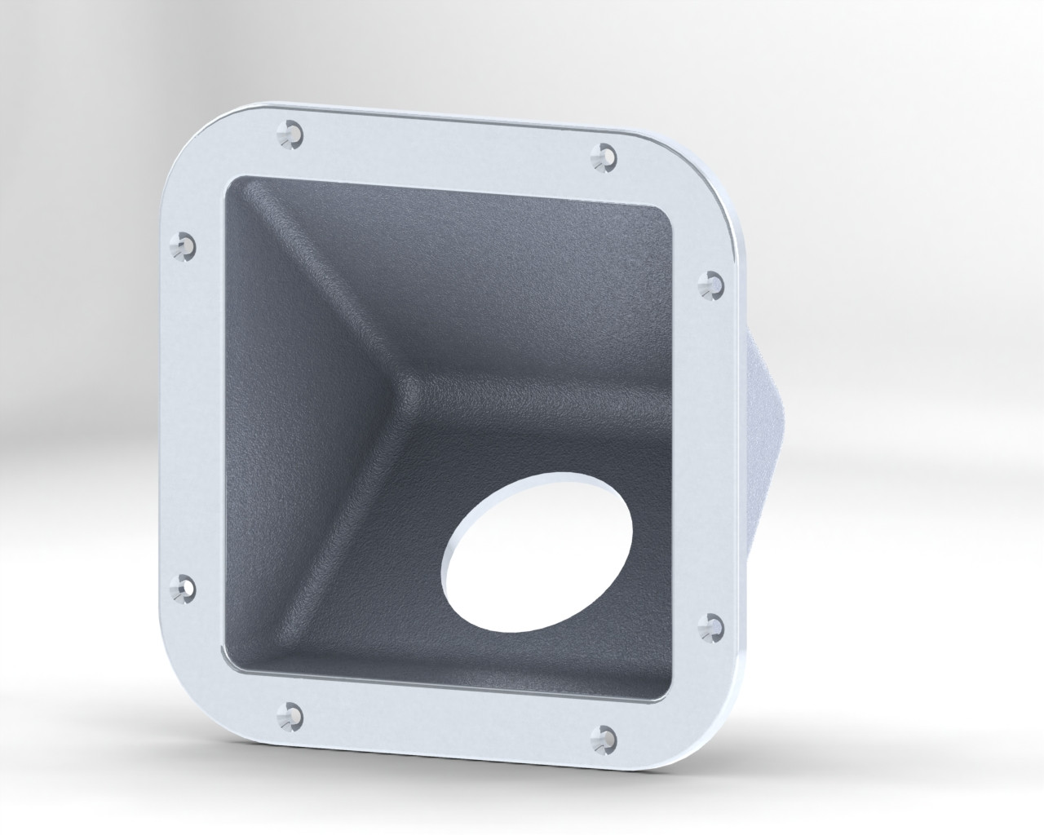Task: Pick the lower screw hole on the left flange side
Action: click(184, 586)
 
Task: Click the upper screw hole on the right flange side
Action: click(712, 282)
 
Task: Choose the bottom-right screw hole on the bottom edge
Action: click(606, 732)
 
